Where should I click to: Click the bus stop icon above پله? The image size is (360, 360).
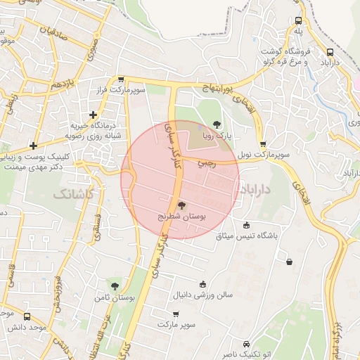click(299, 21)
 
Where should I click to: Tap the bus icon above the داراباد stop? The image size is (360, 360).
click(330, 51)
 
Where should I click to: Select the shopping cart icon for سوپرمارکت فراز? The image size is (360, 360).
click(121, 80)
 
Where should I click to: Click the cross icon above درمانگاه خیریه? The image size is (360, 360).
click(93, 115)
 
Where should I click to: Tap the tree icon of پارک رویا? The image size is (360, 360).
click(217, 124)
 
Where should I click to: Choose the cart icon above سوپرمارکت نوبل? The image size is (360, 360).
click(263, 144)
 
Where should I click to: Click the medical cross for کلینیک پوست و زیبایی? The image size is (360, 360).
click(33, 146)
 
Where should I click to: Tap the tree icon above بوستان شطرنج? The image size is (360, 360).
click(182, 205)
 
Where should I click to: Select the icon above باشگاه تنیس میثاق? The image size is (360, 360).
click(245, 225)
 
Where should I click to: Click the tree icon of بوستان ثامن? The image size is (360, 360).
click(114, 285)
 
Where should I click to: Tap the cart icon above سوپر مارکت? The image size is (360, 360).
click(176, 314)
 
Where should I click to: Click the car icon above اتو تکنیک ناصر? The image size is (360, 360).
click(245, 345)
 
